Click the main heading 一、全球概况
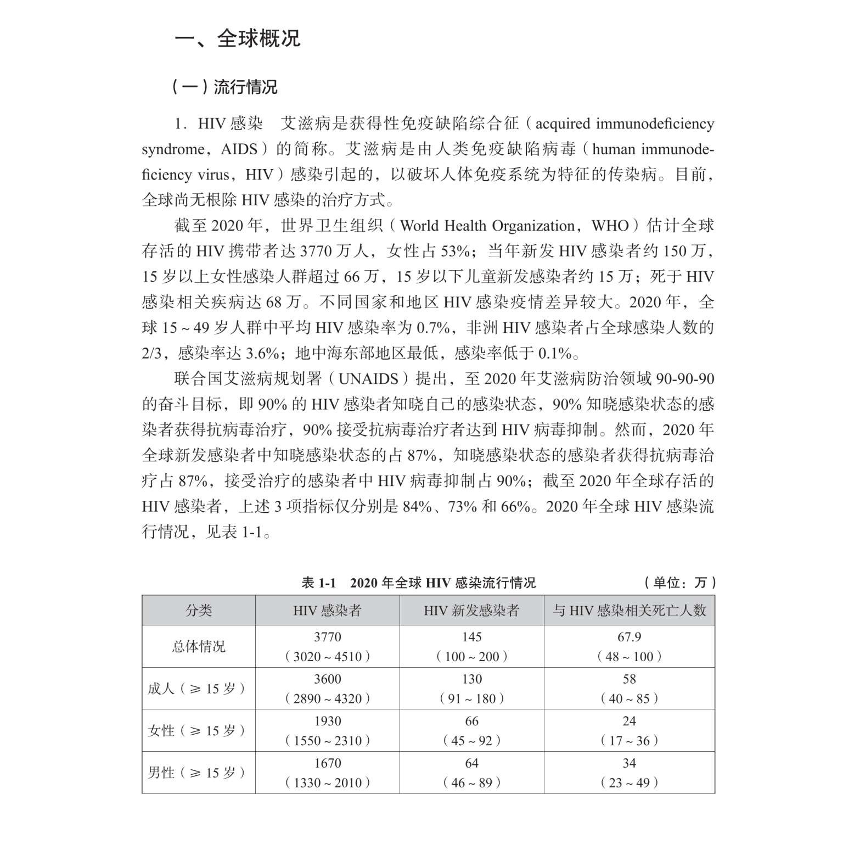[x=237, y=38]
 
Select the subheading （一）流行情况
[x=224, y=87]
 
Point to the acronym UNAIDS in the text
[x=368, y=379]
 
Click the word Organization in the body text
[x=532, y=226]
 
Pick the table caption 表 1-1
[x=318, y=583]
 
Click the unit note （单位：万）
[x=680, y=583]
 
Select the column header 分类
[x=199, y=610]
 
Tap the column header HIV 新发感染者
[x=471, y=610]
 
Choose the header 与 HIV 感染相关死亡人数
[x=629, y=610]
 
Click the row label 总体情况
[x=199, y=646]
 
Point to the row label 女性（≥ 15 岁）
[x=197, y=730]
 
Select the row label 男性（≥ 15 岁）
[x=197, y=773]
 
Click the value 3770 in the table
[x=327, y=637]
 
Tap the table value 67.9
[x=629, y=637]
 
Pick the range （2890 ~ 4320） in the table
[x=327, y=698]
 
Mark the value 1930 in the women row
[x=327, y=721]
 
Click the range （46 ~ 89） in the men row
[x=471, y=782]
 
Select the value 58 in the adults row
[x=629, y=679]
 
